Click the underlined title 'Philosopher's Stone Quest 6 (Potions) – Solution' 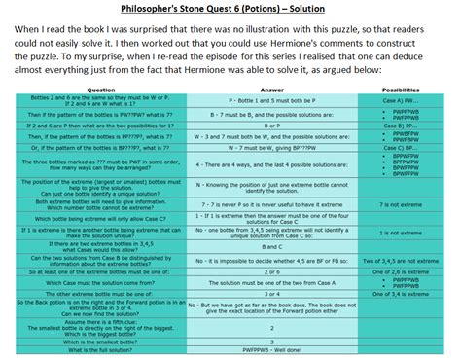pyautogui.click(x=230, y=10)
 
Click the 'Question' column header pyautogui.click(x=102, y=89)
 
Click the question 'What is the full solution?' pyautogui.click(x=102, y=349)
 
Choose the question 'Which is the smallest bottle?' pyautogui.click(x=102, y=341)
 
